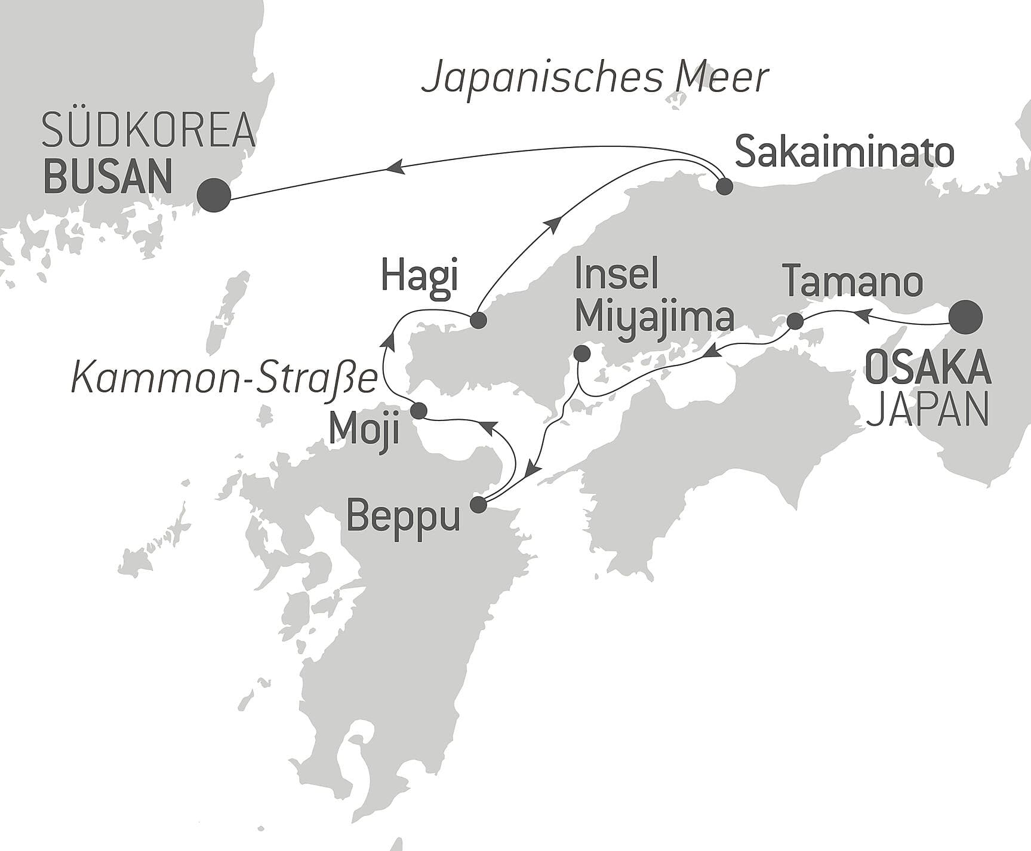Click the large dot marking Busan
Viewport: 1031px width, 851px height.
point(214,195)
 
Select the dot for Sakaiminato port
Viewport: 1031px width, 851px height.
point(724,186)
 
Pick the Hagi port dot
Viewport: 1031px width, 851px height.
point(478,321)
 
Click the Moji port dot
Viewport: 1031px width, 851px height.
point(419,411)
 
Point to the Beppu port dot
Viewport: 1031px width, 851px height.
point(478,505)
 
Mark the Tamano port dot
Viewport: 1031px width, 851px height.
point(795,321)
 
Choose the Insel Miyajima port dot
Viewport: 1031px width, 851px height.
point(581,354)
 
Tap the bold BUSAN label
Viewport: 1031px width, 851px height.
point(109,176)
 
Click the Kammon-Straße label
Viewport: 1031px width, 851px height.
point(224,379)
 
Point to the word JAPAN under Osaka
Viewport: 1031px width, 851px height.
point(927,410)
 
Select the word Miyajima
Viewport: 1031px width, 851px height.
point(654,318)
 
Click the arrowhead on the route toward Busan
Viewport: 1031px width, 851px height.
point(395,168)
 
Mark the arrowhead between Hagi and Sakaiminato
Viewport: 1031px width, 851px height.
point(553,225)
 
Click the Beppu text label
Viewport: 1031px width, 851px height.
point(404,516)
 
